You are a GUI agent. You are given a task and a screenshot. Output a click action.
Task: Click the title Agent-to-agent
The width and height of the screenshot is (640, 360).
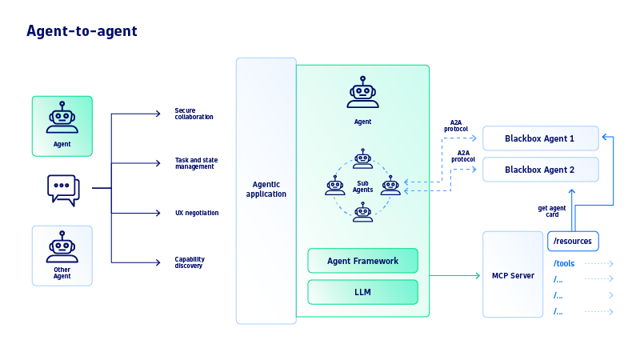82,31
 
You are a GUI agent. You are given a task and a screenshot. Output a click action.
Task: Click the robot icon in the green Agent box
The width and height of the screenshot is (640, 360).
62,118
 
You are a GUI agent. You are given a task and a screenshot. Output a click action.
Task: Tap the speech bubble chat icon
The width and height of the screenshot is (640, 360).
63,190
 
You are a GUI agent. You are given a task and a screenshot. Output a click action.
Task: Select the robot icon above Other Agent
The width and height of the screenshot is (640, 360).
62,248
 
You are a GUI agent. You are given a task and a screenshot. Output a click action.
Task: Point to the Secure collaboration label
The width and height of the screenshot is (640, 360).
194,114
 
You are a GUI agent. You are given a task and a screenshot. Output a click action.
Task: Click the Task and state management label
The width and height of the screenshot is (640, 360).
196,163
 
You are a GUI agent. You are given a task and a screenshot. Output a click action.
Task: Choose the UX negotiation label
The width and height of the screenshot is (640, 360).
196,213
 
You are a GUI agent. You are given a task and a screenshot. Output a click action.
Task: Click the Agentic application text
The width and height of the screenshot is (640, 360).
266,190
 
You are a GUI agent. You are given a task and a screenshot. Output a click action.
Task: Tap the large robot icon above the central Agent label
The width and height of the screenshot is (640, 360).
362,93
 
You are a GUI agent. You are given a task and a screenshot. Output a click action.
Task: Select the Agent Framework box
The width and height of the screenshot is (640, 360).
362,261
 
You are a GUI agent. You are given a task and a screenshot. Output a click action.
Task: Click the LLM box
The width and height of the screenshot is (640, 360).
362,292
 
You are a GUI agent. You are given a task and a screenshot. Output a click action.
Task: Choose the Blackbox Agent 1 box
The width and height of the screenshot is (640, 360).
540,138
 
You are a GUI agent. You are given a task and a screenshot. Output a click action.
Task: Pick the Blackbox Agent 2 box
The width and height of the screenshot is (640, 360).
540,170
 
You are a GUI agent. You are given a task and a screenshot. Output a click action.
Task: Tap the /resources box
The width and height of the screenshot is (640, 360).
573,240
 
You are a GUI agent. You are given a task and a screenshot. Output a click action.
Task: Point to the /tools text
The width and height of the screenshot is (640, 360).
564,263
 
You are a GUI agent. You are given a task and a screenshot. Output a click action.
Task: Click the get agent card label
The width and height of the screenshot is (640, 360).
553,212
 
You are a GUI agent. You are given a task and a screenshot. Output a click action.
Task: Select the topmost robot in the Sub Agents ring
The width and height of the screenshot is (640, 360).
363,158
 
